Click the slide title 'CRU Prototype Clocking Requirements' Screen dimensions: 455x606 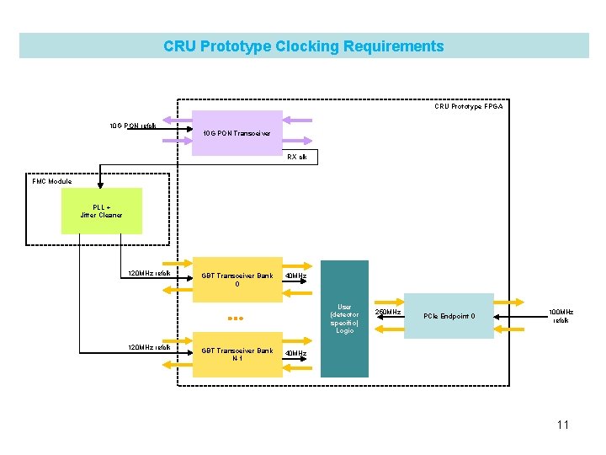(x=303, y=46)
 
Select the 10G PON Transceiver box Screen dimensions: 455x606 (x=237, y=133)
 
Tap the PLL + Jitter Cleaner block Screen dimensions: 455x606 (x=102, y=211)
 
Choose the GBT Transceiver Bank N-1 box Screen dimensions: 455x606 (x=237, y=354)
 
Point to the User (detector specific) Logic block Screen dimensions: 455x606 (x=344, y=318)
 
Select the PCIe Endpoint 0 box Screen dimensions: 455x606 (x=449, y=316)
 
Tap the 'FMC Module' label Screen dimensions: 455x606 (x=52, y=181)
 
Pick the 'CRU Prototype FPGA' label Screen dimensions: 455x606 (x=469, y=107)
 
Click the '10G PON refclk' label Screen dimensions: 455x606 (x=133, y=126)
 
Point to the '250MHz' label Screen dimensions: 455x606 (x=387, y=312)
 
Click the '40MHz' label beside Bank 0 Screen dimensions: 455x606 (x=296, y=276)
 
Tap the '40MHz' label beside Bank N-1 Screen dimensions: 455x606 (x=296, y=353)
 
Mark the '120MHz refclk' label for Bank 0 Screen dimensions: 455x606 (x=149, y=273)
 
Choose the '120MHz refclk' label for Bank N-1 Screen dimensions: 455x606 (x=149, y=347)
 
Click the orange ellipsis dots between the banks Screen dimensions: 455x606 (x=236, y=318)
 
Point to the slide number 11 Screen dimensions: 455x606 (x=562, y=425)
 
